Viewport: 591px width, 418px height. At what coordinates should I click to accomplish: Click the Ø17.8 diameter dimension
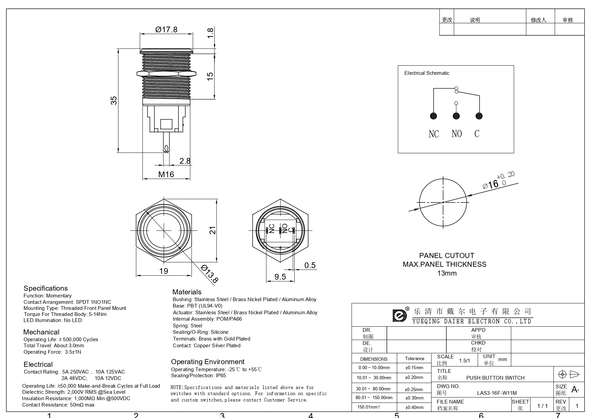click(166, 30)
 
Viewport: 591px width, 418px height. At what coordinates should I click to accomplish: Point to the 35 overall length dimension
click(114, 100)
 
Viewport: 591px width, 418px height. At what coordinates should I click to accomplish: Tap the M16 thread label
click(166, 174)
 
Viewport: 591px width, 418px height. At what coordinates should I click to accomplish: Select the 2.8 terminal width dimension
click(185, 161)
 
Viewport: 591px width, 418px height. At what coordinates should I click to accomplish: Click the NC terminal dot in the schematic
click(434, 116)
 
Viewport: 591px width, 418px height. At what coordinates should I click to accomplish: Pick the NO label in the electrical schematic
click(457, 134)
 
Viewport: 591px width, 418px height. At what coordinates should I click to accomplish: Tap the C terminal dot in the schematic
click(479, 116)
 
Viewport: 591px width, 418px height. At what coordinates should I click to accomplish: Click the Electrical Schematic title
click(427, 73)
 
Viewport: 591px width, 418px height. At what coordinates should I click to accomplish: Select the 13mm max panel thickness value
click(447, 273)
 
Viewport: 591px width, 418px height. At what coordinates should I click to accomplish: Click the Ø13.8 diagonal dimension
click(209, 274)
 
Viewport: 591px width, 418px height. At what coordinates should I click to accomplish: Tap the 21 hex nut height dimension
click(212, 230)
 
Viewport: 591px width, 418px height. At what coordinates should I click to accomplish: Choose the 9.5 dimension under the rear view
click(280, 277)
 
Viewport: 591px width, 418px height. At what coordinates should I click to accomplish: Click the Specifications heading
click(45, 288)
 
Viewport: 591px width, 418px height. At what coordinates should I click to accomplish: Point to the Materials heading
click(187, 292)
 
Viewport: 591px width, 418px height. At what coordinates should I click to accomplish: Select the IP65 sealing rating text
click(221, 376)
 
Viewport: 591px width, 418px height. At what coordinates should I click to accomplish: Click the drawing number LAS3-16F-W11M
click(497, 393)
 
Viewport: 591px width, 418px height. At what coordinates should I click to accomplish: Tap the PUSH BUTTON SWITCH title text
click(495, 378)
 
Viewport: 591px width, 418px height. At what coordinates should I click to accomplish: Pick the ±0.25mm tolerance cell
click(414, 389)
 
